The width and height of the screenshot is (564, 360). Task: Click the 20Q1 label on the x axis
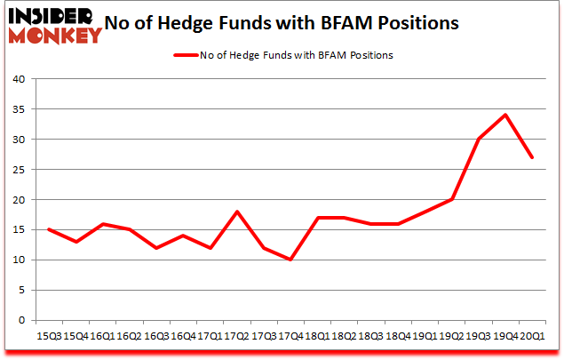coord(533,336)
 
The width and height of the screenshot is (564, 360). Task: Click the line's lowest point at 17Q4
coord(290,260)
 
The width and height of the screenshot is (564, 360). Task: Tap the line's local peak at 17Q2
coord(236,212)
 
